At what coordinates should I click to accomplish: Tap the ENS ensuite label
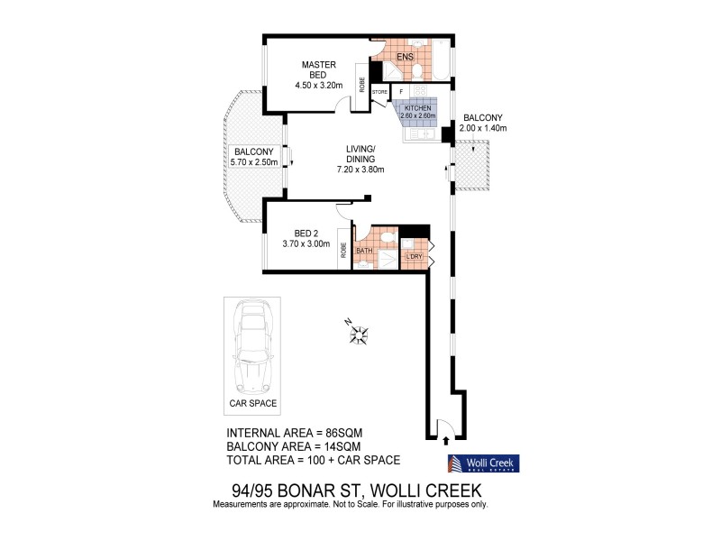click(x=406, y=57)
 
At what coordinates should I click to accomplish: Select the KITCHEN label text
click(x=418, y=107)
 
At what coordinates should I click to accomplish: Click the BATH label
click(x=364, y=251)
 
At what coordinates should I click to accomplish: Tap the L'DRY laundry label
click(x=415, y=258)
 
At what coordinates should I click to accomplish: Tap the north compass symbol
click(x=359, y=335)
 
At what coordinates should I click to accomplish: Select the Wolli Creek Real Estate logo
click(x=483, y=463)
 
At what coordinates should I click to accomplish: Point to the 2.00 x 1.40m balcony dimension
click(x=483, y=129)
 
